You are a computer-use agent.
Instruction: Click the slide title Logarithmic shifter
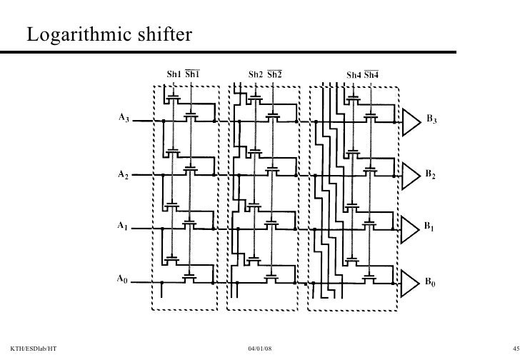pyautogui.click(x=106, y=34)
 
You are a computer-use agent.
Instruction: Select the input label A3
pyautogui.click(x=124, y=119)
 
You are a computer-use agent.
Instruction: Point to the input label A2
pyautogui.click(x=124, y=173)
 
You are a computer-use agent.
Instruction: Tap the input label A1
pyautogui.click(x=124, y=226)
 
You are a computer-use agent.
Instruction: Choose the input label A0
pyautogui.click(x=124, y=280)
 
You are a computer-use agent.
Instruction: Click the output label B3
pyautogui.click(x=432, y=120)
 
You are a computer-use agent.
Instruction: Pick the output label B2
pyautogui.click(x=432, y=174)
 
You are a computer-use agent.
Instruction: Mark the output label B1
pyautogui.click(x=431, y=227)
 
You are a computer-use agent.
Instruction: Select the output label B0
pyautogui.click(x=432, y=283)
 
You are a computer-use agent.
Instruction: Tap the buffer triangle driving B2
pyautogui.click(x=411, y=173)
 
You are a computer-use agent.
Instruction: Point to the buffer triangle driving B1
pyautogui.click(x=411, y=227)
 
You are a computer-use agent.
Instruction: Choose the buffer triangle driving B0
pyautogui.click(x=411, y=281)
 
